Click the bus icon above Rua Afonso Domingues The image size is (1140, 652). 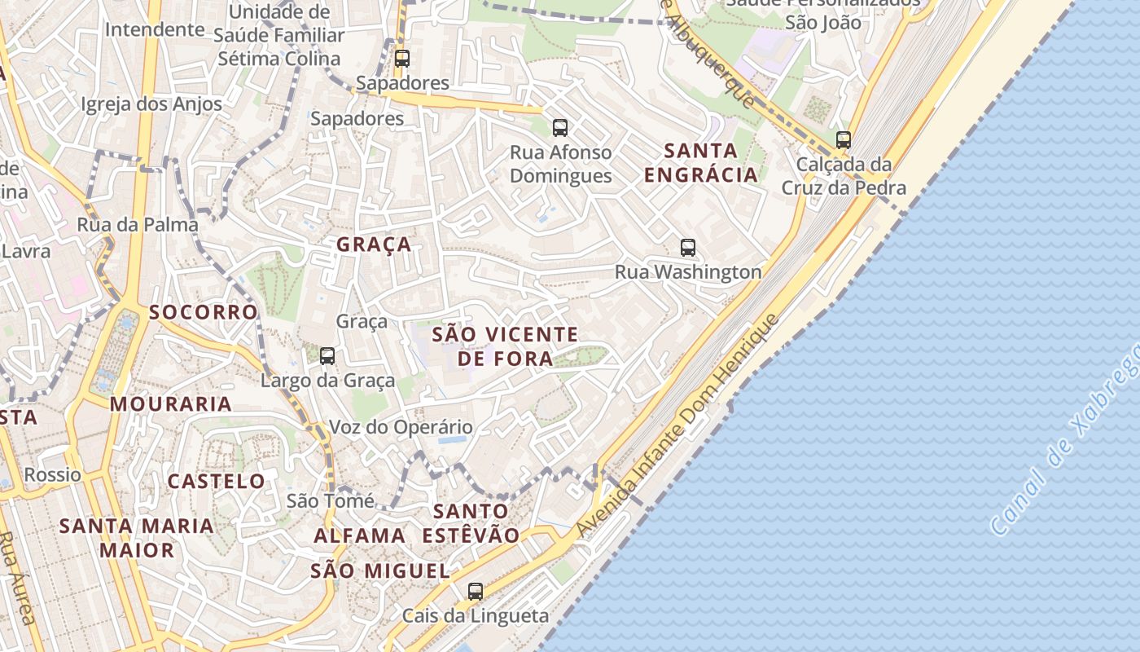click(559, 127)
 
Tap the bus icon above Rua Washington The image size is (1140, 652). click(688, 247)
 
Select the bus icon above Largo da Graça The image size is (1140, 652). click(327, 355)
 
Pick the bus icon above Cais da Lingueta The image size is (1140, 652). click(476, 592)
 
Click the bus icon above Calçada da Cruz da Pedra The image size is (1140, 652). click(844, 139)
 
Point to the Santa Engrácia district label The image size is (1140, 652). click(700, 162)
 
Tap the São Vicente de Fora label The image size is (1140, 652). click(505, 346)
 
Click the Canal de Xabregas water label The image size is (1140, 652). click(1067, 440)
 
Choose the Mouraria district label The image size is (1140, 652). click(171, 403)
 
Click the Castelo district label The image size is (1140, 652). click(217, 481)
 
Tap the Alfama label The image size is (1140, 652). click(360, 535)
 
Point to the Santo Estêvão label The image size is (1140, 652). click(471, 522)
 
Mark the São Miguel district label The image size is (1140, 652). click(380, 570)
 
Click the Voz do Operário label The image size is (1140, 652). click(401, 427)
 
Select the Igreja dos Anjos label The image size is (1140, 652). click(151, 104)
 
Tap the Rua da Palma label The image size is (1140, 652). click(138, 225)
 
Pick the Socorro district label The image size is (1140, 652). click(204, 312)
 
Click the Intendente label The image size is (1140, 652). click(155, 30)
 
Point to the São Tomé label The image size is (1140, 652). click(331, 500)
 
